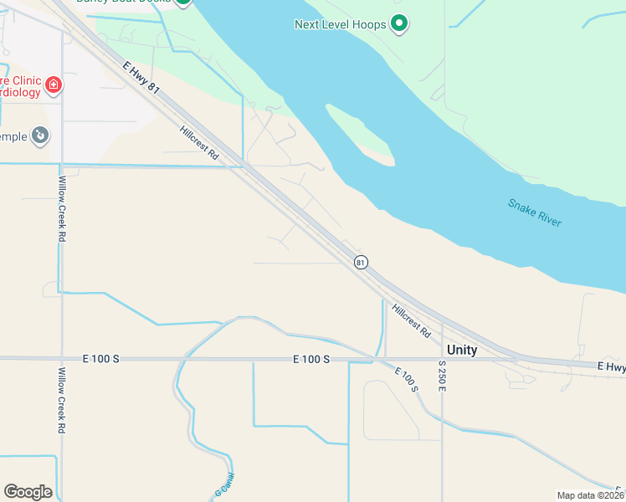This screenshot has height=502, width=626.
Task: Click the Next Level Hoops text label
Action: (x=340, y=24)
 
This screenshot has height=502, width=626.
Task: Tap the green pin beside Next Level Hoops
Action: (x=400, y=23)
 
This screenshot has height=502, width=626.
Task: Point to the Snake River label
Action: (x=535, y=213)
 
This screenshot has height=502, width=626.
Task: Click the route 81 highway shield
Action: (x=361, y=262)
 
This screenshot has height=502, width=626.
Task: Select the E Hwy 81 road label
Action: (x=141, y=75)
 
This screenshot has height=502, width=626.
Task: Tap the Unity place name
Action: (x=462, y=351)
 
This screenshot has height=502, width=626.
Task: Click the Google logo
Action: (x=28, y=492)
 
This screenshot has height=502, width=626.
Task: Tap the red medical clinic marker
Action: (x=53, y=85)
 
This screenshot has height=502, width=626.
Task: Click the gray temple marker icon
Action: (x=39, y=136)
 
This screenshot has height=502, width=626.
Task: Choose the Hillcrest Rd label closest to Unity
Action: (x=411, y=319)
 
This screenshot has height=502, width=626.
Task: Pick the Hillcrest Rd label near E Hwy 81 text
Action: (x=198, y=143)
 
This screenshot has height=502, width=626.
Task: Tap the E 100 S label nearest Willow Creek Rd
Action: (x=101, y=359)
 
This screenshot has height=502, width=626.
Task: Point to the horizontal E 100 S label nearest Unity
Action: (x=311, y=359)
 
